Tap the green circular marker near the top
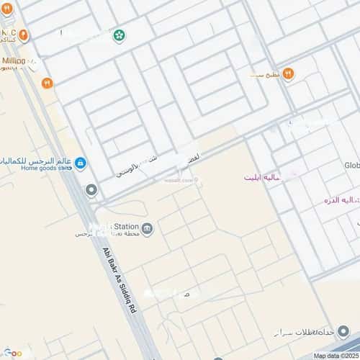[119, 35]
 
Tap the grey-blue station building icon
[147, 229]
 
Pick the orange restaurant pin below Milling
[48, 83]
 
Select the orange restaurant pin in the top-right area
[288, 73]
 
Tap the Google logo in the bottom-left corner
[12, 353]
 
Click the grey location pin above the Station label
[91, 190]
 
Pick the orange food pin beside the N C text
[24, 34]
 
